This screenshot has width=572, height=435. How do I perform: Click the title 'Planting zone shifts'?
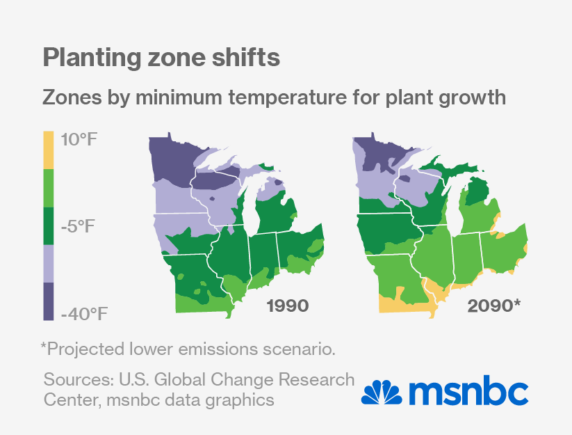point(161,58)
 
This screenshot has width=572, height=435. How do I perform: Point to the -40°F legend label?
point(85,313)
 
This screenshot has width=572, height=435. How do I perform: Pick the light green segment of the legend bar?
point(48,188)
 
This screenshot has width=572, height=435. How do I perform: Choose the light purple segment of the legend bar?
point(48,263)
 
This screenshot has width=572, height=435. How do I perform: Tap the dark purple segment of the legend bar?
point(48,301)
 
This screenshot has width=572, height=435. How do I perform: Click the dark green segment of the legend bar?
point(48,226)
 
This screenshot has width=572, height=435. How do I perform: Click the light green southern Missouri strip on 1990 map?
point(198,306)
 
